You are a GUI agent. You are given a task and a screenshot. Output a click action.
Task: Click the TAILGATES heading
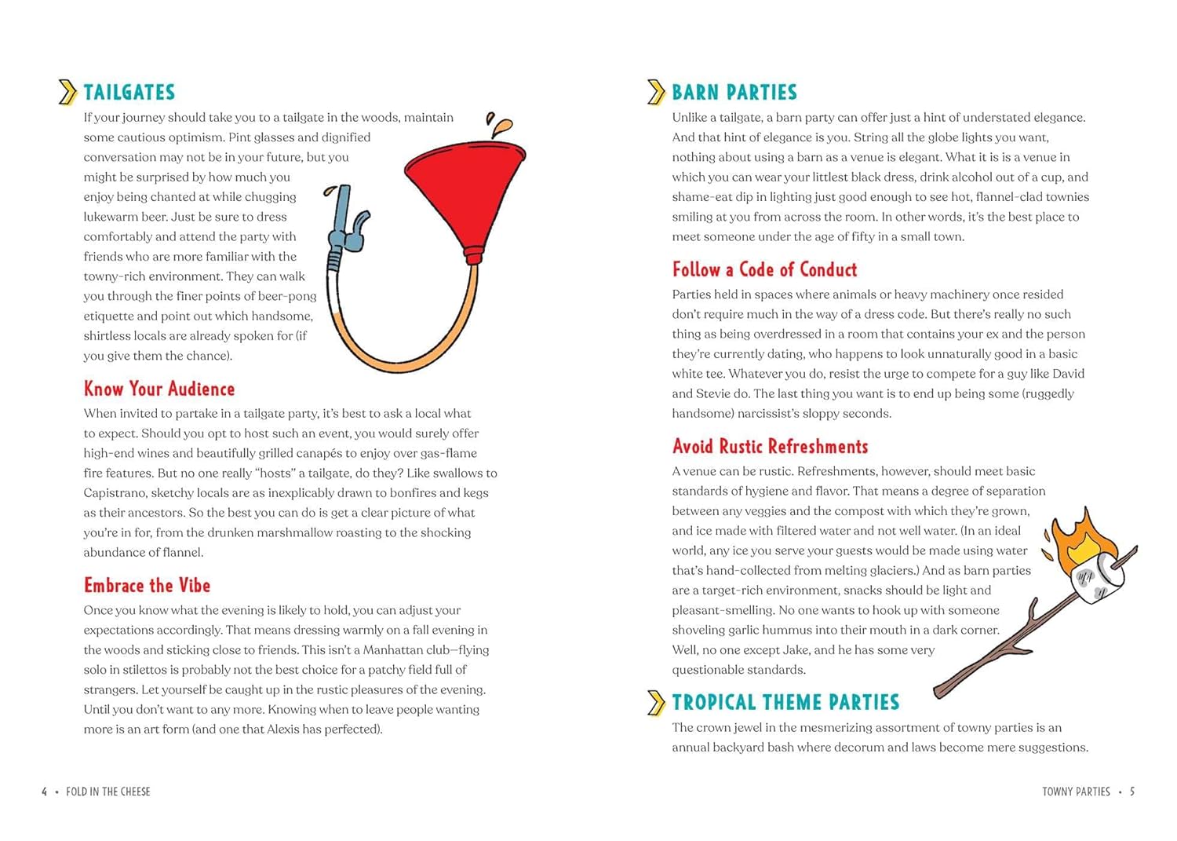[129, 93]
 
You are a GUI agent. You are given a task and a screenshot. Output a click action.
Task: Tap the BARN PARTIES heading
[734, 93]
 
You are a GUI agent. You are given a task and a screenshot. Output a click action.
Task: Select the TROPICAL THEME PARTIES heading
[785, 702]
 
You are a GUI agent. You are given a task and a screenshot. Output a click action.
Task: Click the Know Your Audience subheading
[159, 389]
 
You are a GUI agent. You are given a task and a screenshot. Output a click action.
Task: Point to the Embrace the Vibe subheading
[147, 585]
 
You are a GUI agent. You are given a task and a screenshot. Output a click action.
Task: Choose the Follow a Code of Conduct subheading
[764, 269]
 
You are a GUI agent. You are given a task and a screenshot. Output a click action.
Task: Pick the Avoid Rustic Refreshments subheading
[770, 447]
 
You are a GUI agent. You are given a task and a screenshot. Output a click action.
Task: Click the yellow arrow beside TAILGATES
[67, 93]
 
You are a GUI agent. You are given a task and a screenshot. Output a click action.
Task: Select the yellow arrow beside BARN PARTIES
[656, 93]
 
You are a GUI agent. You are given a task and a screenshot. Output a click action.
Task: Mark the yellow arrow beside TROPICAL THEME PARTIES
[656, 702]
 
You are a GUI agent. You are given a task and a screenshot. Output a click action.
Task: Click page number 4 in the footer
[45, 792]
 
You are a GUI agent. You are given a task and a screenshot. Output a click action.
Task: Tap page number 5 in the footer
[1131, 792]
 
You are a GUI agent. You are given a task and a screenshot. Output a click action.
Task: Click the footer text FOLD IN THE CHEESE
[108, 792]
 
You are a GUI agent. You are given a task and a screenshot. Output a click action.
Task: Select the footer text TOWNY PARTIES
[1076, 792]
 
